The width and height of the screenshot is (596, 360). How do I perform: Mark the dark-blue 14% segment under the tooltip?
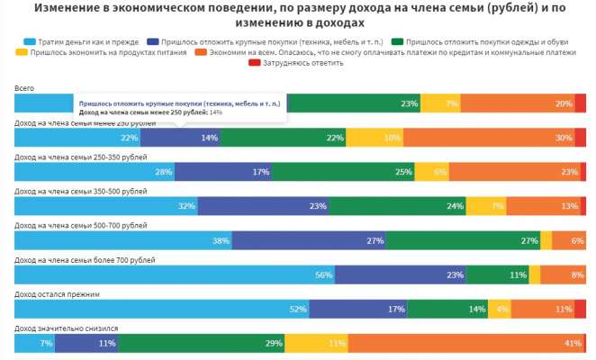click(x=180, y=138)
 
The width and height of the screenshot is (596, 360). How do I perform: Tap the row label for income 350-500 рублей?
click(x=81, y=192)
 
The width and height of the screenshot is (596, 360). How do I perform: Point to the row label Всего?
click(x=24, y=87)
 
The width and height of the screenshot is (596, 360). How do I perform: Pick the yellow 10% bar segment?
click(x=375, y=138)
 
